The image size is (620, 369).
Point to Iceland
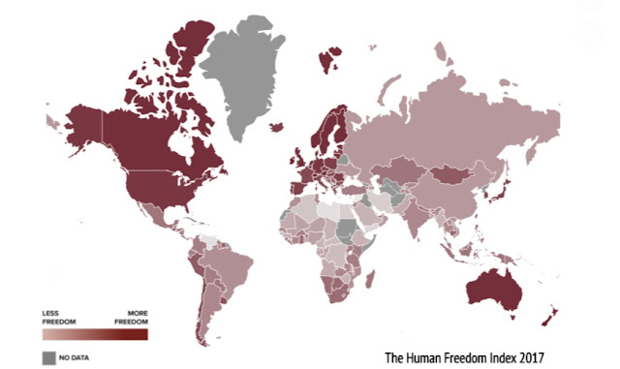pos(278,126)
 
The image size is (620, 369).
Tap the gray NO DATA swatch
pos(49,357)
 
